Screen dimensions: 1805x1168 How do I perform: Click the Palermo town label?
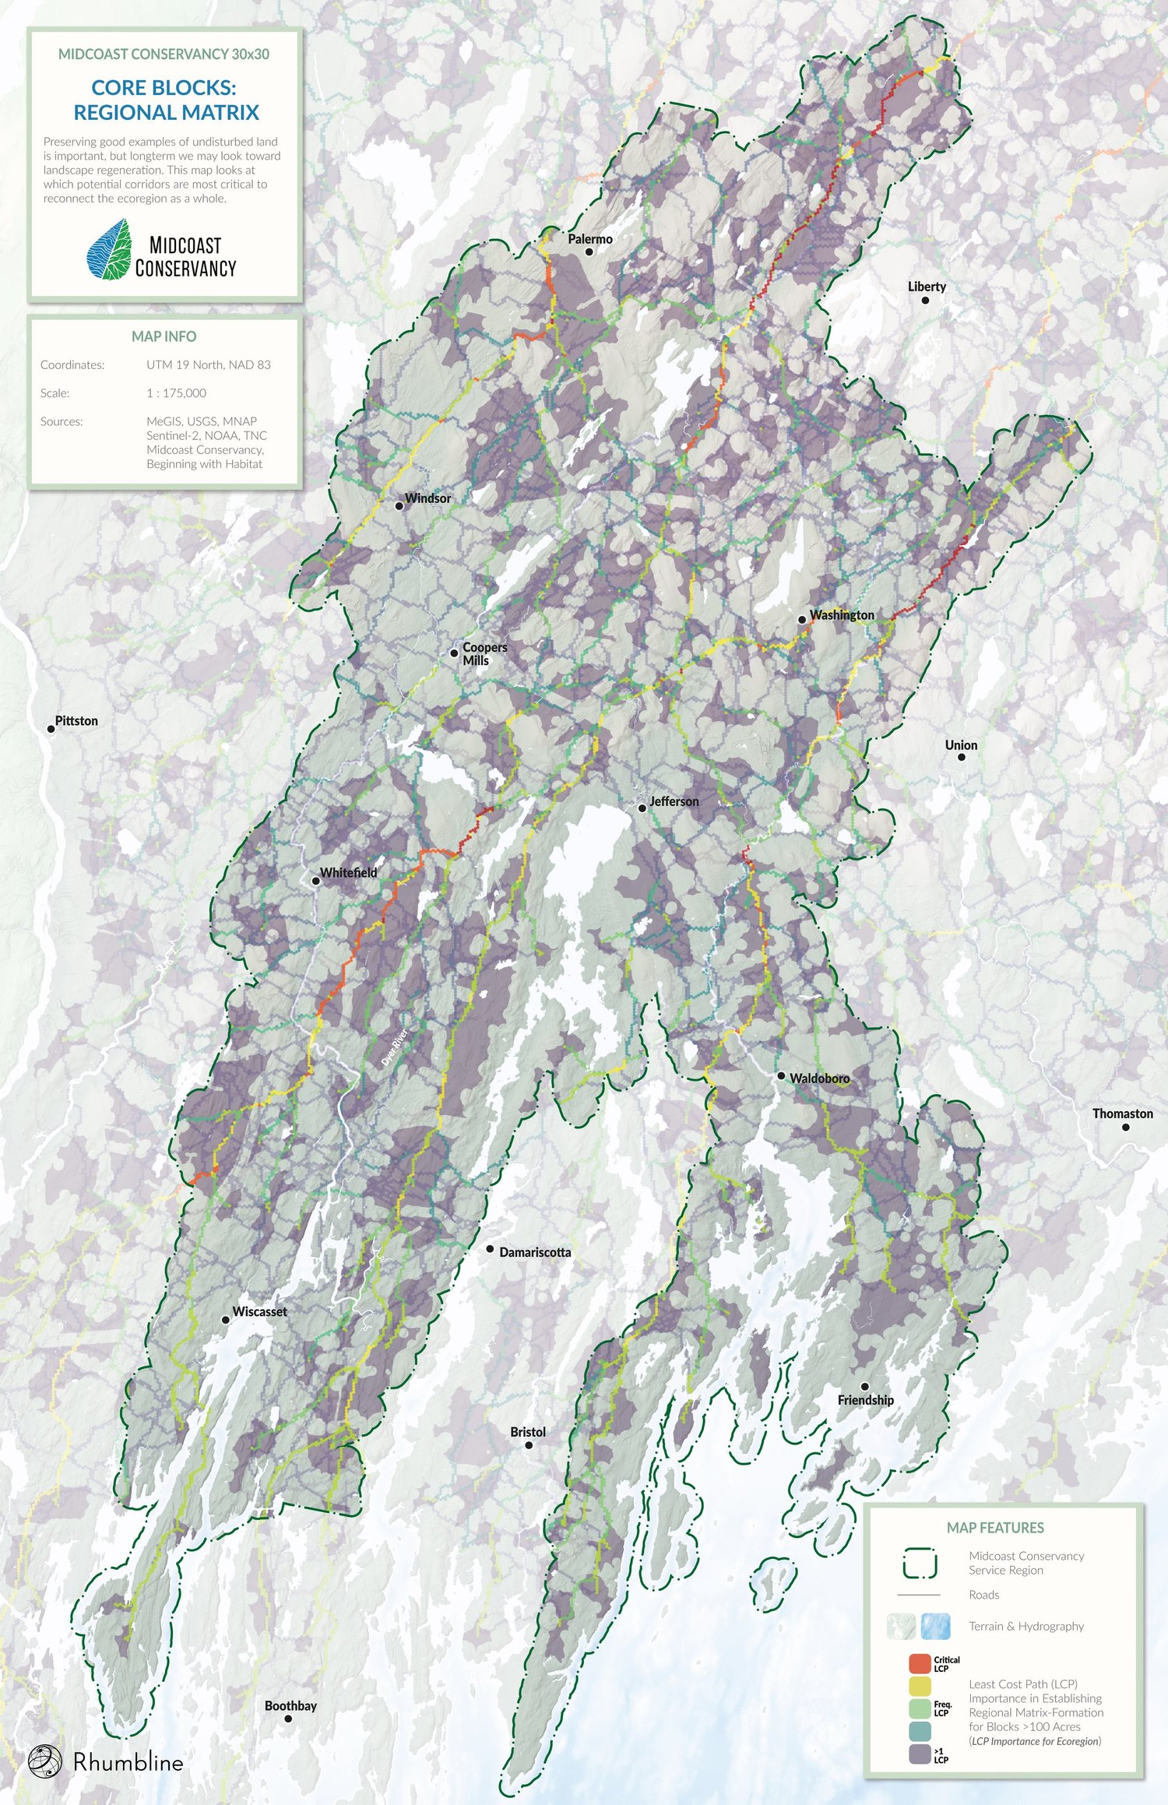[589, 239]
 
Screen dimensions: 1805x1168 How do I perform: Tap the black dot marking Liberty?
[925, 300]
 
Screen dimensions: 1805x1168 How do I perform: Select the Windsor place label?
[427, 498]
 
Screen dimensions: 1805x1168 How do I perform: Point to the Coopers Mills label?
[484, 653]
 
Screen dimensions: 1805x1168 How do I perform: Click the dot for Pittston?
[51, 729]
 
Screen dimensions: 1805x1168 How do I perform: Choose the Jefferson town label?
[674, 801]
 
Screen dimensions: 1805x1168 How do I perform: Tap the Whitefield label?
[348, 873]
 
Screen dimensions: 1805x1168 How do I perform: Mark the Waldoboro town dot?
[781, 1075]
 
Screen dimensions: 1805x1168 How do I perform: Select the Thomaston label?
[1122, 1114]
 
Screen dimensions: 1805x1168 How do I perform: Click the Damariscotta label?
[535, 1252]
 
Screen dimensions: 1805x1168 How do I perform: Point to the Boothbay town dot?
[288, 1719]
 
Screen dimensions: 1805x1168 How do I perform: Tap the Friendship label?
[865, 1400]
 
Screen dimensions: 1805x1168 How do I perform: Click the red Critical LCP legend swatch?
[920, 1664]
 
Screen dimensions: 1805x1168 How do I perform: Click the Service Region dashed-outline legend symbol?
[920, 1563]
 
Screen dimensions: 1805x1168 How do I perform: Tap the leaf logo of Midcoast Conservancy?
[108, 250]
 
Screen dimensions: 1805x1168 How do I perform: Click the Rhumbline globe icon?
[44, 1761]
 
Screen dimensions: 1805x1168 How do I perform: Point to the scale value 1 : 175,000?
[176, 393]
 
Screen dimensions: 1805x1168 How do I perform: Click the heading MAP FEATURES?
[994, 1528]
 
